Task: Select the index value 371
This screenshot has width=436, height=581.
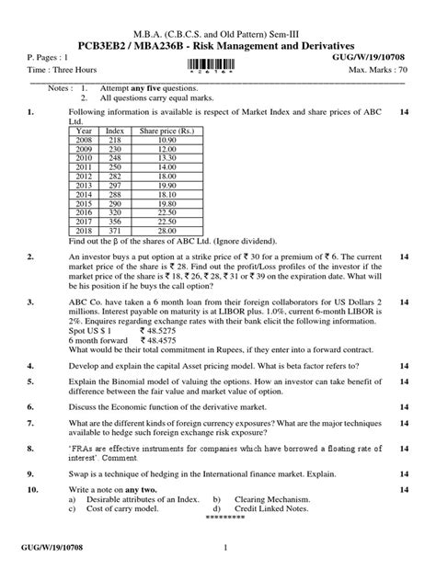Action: point(115,231)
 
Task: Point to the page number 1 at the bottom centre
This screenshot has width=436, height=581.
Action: point(224,549)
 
